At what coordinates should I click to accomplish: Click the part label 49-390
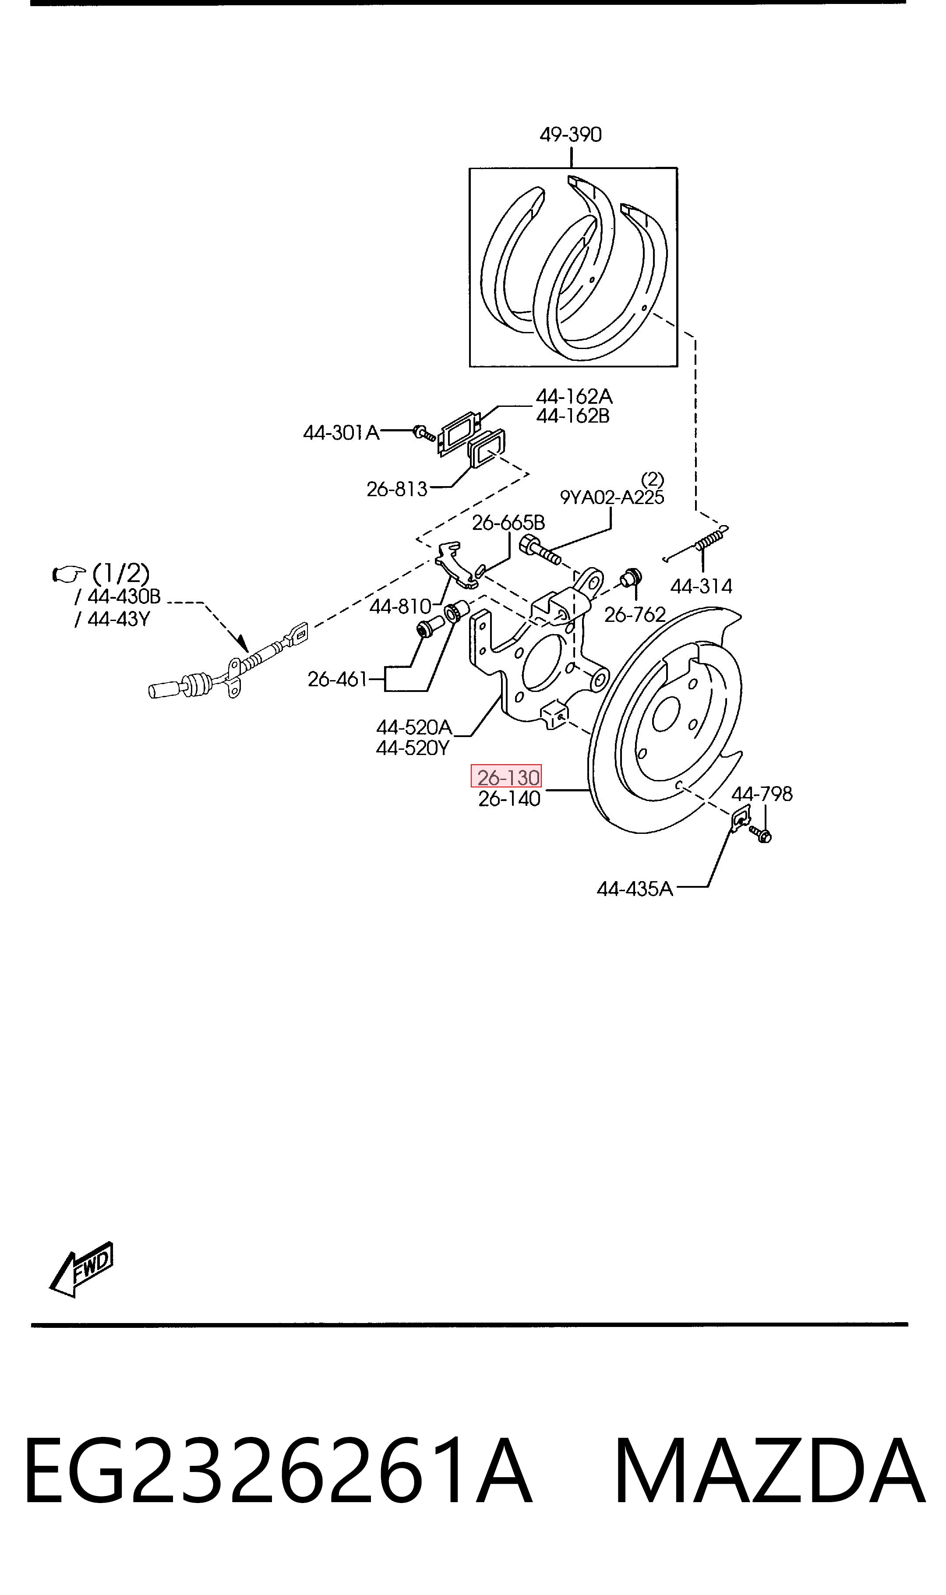(571, 134)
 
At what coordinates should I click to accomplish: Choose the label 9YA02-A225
(612, 497)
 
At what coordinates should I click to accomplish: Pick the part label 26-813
(396, 489)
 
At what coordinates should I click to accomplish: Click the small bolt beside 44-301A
(423, 433)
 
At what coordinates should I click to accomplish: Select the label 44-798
(762, 794)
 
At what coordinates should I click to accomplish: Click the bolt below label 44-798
(760, 833)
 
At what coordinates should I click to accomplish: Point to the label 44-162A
(574, 396)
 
